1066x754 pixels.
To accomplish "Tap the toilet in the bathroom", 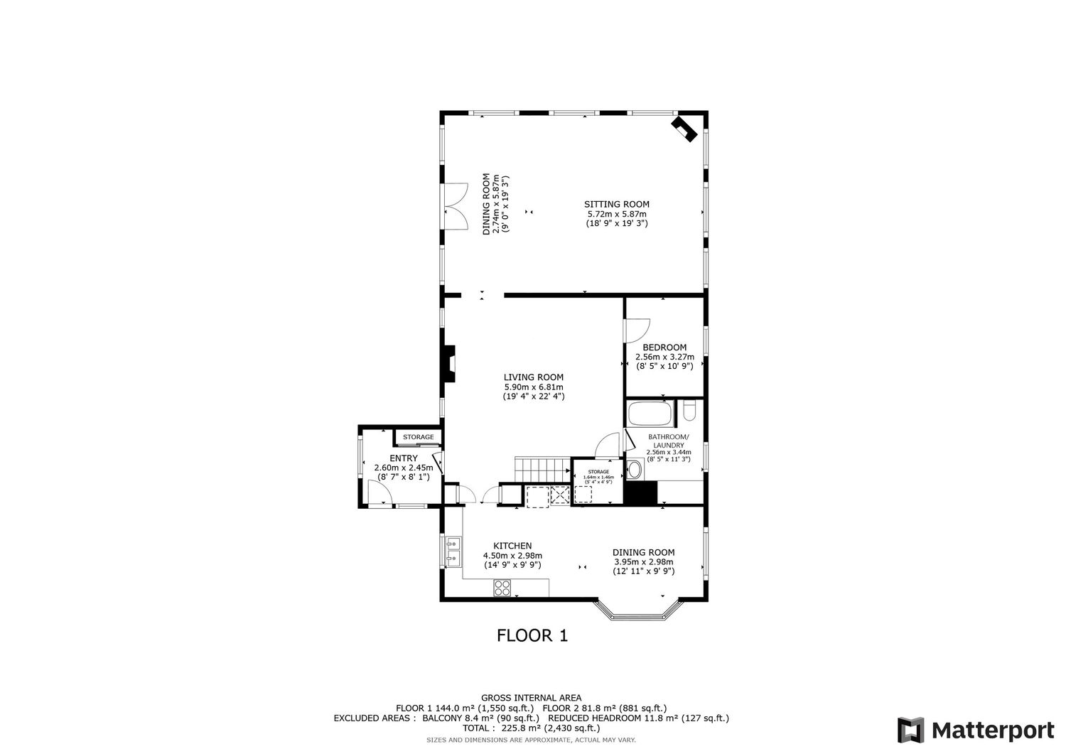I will coord(689,412).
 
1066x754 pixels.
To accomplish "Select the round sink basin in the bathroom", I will coord(634,469).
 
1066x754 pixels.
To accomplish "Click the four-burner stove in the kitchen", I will coord(502,588).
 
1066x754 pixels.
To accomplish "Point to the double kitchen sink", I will coord(453,552).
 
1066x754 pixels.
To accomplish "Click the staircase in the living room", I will coord(541,470).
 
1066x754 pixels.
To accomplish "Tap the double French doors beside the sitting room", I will coord(455,205).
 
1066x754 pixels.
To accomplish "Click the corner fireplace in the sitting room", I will coord(684,129).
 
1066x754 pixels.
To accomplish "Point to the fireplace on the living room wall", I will coord(448,364).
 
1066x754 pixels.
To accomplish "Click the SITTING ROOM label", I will coord(617,204).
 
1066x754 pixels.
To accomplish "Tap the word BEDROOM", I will coord(664,348).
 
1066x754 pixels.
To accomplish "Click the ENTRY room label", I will coord(403,458).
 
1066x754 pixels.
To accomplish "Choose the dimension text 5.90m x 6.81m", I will coord(533,387).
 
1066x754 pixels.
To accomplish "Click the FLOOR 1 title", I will coord(532,635).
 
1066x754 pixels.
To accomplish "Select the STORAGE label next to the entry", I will coord(418,437).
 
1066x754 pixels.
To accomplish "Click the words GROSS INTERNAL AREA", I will coord(531,698).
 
